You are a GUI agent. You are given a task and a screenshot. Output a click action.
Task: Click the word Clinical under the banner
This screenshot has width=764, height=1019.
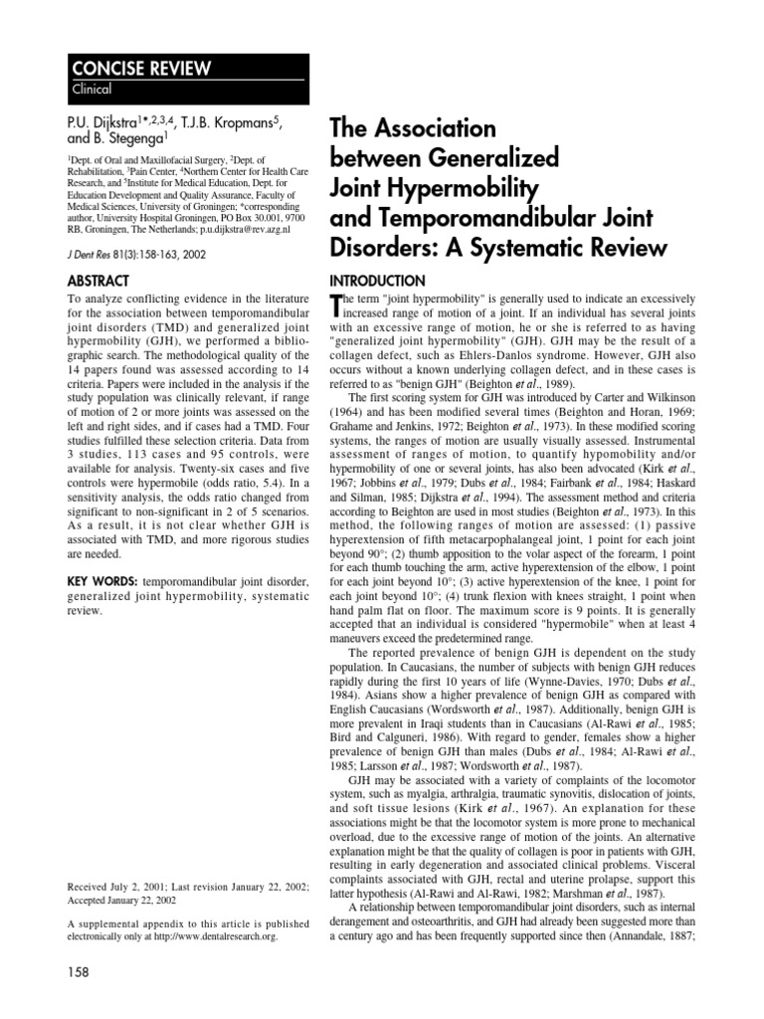pos(92,90)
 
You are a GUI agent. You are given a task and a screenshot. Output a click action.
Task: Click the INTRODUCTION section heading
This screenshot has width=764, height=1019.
pos(383,281)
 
